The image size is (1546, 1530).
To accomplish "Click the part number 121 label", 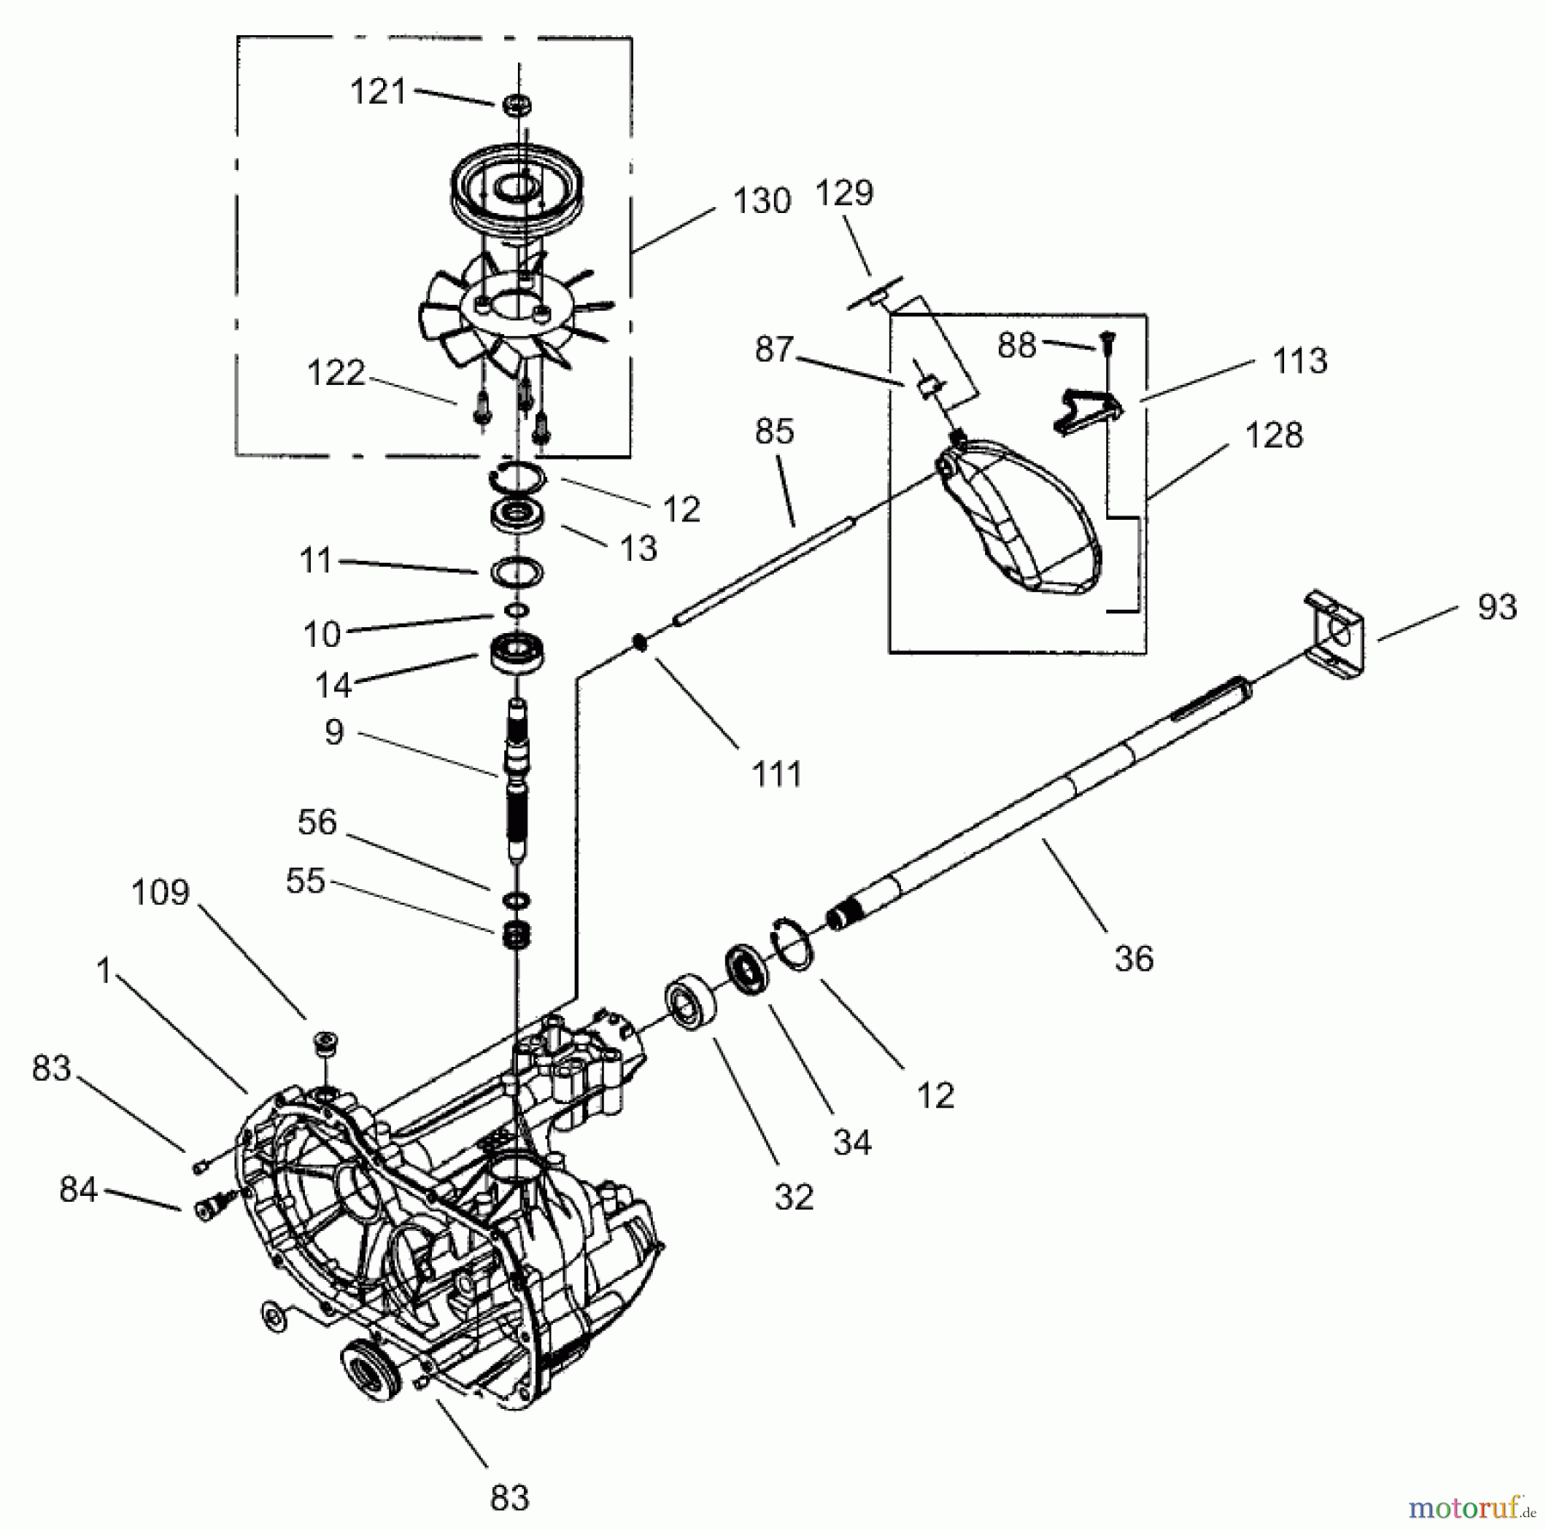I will click(x=378, y=92).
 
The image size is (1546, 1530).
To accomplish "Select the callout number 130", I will click(x=761, y=201).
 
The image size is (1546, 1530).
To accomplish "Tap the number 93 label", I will click(x=1497, y=607).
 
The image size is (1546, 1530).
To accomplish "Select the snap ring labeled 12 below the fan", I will click(x=520, y=474).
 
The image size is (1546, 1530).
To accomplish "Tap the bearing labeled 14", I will click(x=518, y=655).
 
